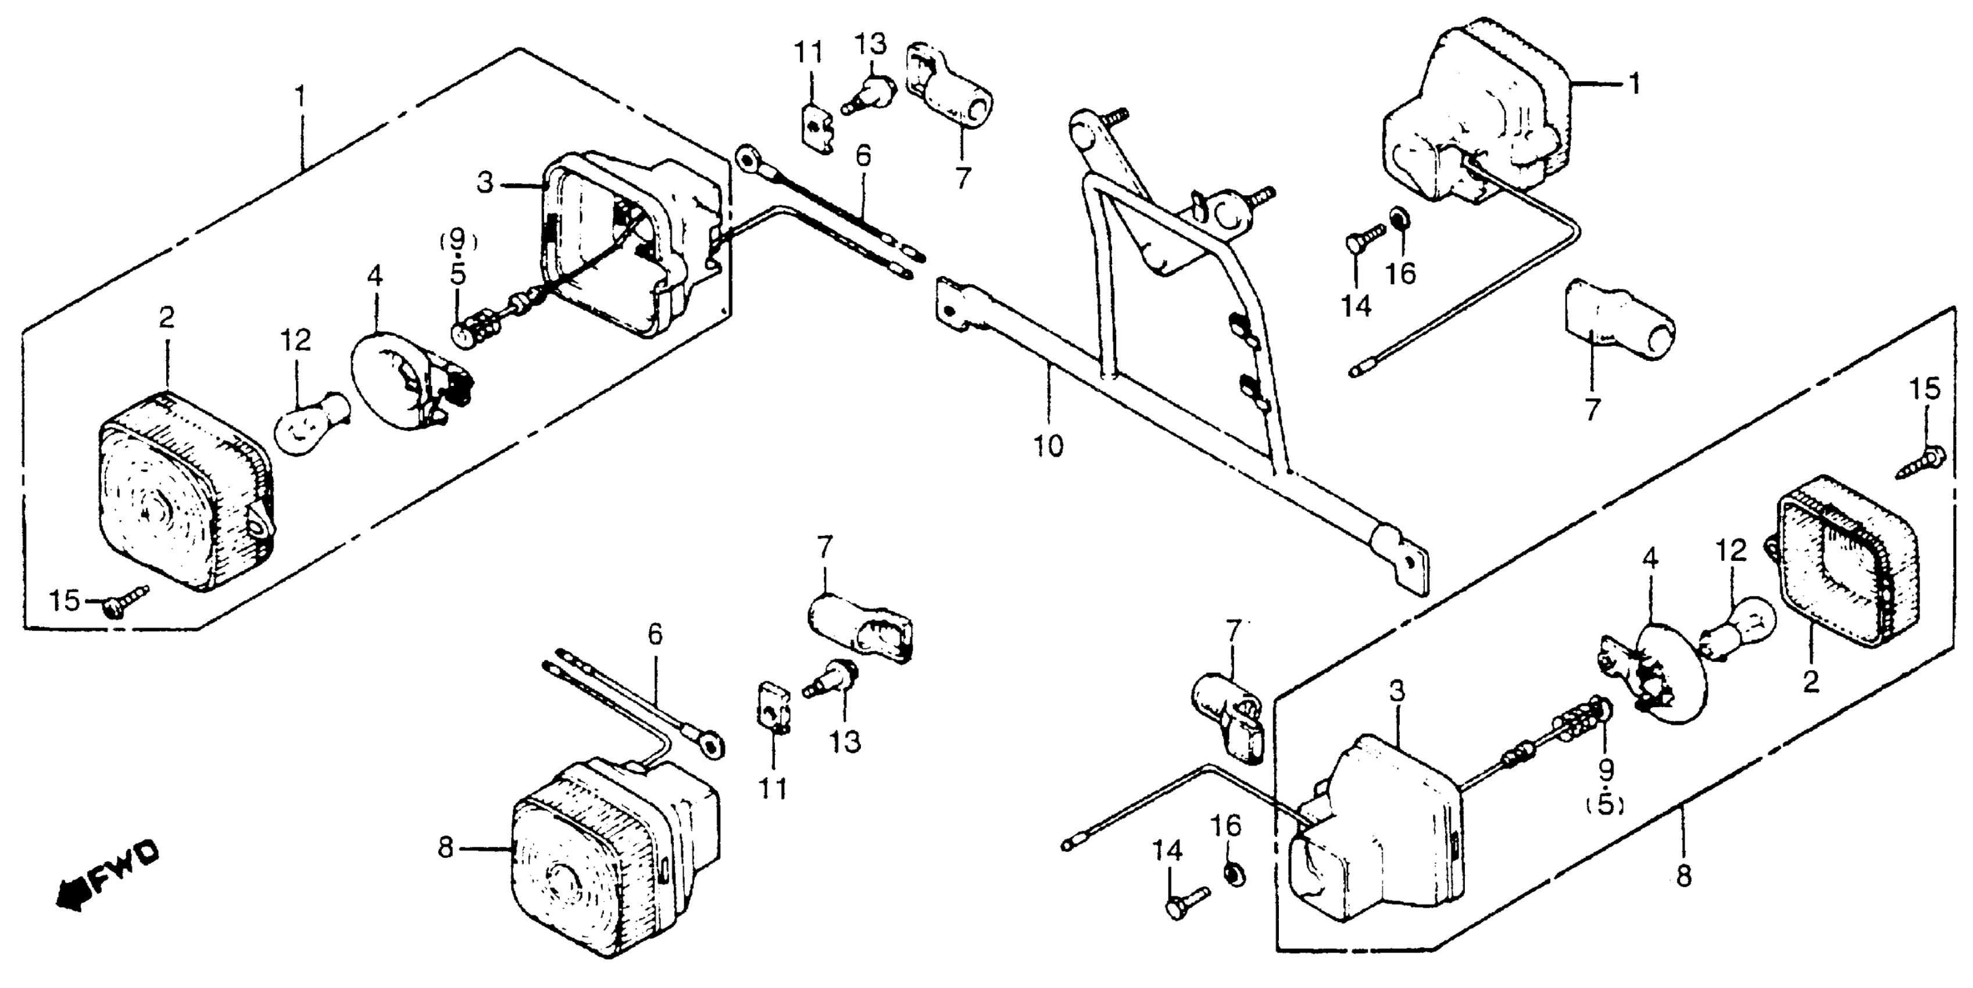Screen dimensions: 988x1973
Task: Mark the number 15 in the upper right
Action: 1924,390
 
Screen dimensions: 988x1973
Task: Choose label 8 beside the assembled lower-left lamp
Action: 446,847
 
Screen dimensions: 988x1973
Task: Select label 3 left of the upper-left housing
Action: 485,183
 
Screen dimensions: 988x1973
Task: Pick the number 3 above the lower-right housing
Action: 1397,692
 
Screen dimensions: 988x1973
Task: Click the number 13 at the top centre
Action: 871,44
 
